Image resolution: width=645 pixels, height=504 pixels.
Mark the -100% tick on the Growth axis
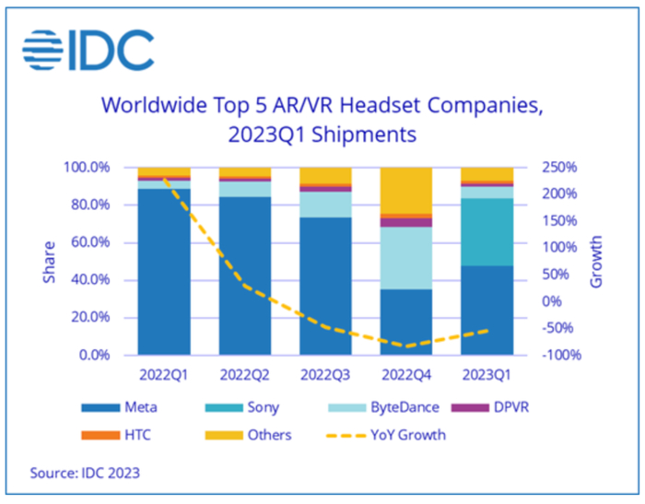tap(555, 355)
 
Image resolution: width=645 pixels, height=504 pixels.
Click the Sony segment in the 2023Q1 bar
tap(487, 231)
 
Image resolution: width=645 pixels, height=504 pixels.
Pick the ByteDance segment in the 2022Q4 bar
tap(406, 258)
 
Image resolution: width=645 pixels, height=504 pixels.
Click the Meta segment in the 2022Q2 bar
tap(245, 275)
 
